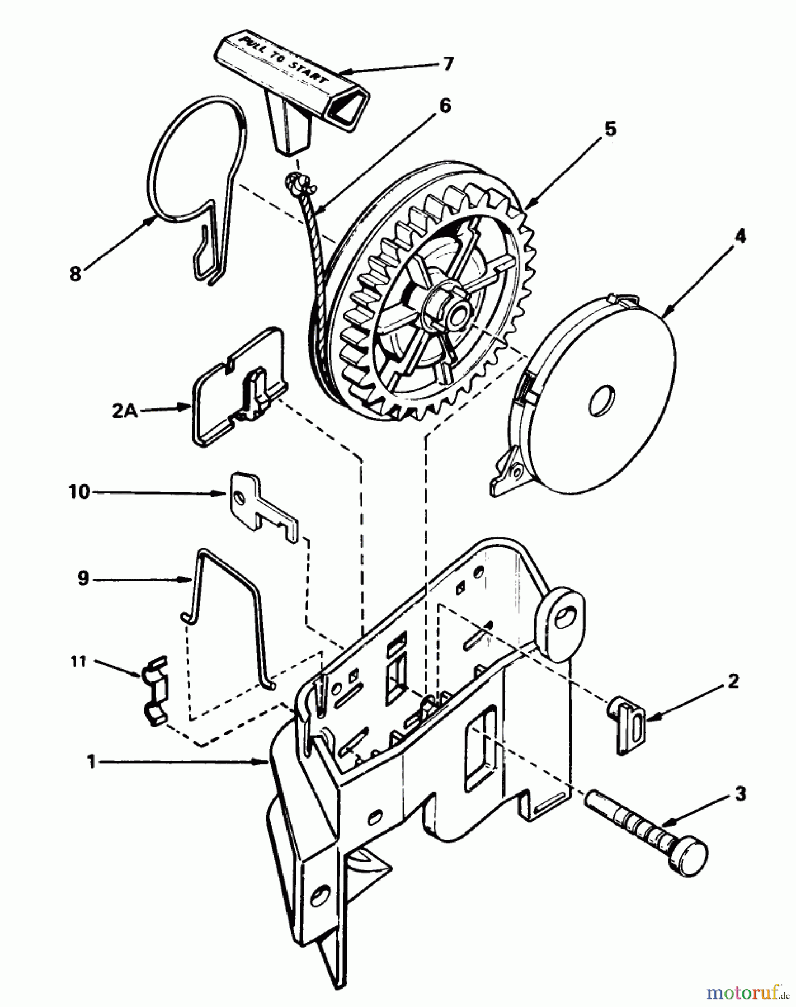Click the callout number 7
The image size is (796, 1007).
[x=447, y=64]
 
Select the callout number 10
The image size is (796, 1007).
[x=79, y=492]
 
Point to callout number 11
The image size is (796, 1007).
[x=78, y=662]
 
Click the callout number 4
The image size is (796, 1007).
[x=740, y=237]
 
